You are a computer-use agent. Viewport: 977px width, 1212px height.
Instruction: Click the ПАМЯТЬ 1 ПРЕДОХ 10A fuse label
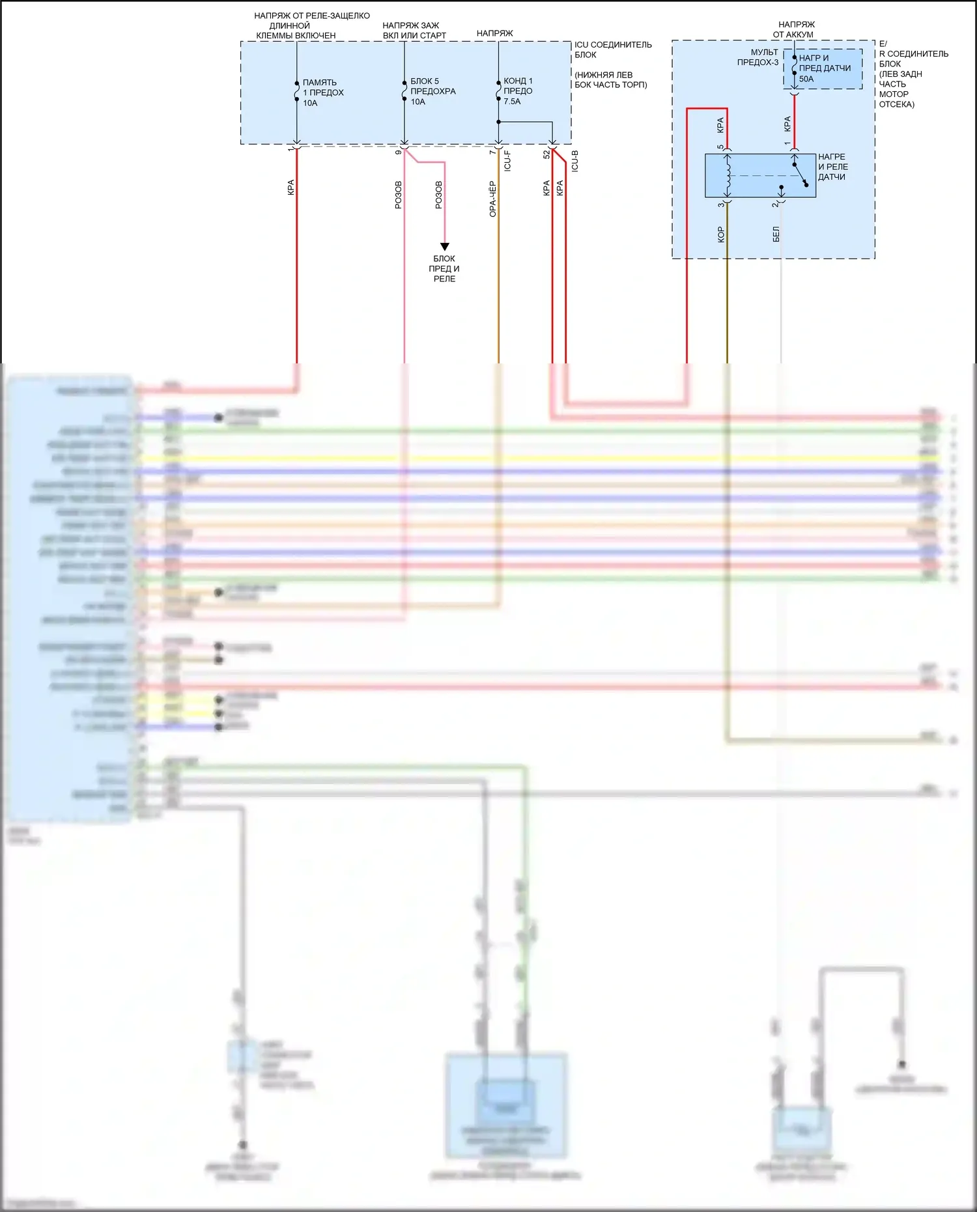[x=322, y=92]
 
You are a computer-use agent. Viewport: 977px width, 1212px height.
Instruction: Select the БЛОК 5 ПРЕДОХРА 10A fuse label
[x=432, y=91]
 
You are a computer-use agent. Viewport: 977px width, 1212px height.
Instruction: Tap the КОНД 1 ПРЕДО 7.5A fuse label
[x=518, y=91]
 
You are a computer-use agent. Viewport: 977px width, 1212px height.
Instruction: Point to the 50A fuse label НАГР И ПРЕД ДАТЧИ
[x=824, y=68]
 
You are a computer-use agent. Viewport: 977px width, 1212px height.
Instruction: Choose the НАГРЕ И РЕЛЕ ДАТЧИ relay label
[x=832, y=167]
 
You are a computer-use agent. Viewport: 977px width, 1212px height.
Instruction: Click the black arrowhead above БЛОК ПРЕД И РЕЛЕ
[x=445, y=247]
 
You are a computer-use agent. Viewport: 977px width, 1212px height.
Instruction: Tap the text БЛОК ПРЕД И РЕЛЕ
[x=444, y=268]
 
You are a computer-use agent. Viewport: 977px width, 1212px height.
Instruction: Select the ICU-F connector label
[x=507, y=160]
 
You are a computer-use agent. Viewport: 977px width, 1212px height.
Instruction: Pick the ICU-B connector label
[x=574, y=161]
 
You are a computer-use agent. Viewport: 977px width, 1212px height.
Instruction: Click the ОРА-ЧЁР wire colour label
[x=493, y=199]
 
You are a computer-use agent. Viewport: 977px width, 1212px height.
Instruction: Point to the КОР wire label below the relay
[x=720, y=234]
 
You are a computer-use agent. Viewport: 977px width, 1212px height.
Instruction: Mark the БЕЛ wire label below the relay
[x=776, y=234]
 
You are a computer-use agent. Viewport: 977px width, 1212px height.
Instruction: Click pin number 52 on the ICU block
[x=546, y=154]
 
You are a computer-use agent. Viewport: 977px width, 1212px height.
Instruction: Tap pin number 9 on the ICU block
[x=399, y=152]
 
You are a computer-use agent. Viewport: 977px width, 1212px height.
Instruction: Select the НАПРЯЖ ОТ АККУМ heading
[x=795, y=29]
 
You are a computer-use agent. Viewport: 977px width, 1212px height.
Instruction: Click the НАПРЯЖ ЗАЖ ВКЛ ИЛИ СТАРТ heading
[x=414, y=30]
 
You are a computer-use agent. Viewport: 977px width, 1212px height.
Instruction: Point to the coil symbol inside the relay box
[x=728, y=175]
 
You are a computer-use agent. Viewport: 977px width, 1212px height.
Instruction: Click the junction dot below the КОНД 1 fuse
[x=498, y=122]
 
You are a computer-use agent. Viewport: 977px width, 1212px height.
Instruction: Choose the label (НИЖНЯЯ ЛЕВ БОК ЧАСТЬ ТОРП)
[x=610, y=79]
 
